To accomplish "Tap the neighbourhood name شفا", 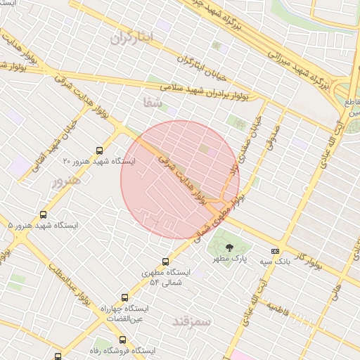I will pyautogui.click(x=152, y=103).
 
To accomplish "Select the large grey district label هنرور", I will pyautogui.click(x=67, y=181).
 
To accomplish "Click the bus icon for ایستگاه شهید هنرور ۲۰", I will pyautogui.click(x=99, y=150).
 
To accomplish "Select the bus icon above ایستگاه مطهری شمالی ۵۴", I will pyautogui.click(x=165, y=262).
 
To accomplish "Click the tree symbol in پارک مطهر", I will pyautogui.click(x=229, y=247).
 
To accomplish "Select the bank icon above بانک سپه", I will pyautogui.click(x=274, y=251).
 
